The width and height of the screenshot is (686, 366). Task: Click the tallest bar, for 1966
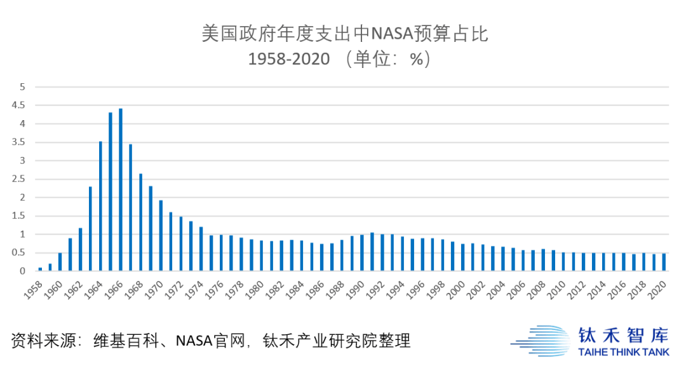click(121, 190)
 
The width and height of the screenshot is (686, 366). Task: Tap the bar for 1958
click(40, 269)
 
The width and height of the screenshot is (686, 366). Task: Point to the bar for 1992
click(382, 252)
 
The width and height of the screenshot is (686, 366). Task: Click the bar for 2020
click(664, 262)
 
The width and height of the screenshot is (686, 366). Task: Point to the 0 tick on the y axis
click(22, 271)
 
